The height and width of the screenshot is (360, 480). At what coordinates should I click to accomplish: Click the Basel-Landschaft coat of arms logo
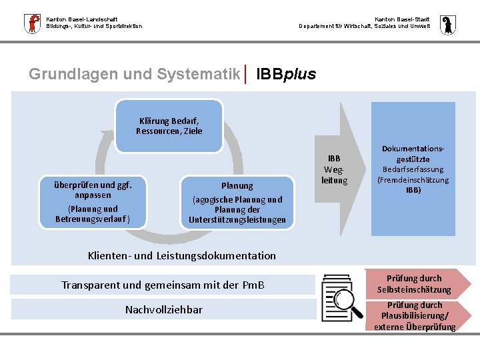[31, 23]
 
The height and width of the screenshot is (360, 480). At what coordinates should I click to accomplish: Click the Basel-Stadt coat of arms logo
[447, 23]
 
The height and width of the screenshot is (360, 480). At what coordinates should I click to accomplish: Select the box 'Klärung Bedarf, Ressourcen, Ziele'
[169, 126]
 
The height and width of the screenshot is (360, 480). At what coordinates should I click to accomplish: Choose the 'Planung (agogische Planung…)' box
[237, 202]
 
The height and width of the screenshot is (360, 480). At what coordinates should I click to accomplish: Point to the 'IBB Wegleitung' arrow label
[334, 169]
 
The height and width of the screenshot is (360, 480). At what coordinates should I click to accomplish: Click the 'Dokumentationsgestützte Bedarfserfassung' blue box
[413, 169]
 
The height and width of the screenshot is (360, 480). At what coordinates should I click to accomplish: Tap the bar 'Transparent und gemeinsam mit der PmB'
[163, 285]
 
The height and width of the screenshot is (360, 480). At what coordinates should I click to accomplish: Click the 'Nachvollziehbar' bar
[163, 309]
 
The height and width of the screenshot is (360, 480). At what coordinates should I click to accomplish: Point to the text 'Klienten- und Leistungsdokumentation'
[182, 255]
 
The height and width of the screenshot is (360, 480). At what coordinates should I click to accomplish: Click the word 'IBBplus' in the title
[286, 74]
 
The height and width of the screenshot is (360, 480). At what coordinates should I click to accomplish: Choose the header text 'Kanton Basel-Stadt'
[402, 19]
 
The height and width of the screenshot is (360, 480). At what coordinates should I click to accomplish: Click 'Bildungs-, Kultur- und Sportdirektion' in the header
[94, 26]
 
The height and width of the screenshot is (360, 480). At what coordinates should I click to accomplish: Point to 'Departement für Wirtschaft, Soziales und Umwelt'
[365, 26]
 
